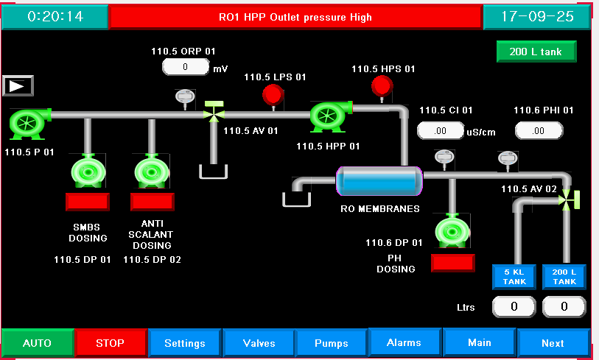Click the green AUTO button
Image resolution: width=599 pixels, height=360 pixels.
[x=38, y=343]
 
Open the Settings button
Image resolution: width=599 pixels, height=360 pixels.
[x=185, y=343]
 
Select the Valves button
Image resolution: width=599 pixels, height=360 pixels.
[x=259, y=343]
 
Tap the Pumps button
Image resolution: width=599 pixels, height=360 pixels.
[x=332, y=343]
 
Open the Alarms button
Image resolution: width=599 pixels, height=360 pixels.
[x=404, y=342]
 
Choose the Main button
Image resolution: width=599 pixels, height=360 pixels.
[x=479, y=342]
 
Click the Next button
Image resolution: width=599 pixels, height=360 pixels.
[x=553, y=343]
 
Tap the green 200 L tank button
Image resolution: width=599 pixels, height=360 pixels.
[x=536, y=52]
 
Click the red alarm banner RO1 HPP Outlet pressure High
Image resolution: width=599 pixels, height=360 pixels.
[x=295, y=17]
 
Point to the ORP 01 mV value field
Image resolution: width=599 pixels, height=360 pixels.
[x=186, y=68]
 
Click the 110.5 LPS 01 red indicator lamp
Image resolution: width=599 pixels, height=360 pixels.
[x=273, y=94]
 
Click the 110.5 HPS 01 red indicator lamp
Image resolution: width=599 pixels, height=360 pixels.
[x=382, y=86]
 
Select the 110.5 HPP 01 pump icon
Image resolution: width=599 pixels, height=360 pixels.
[x=329, y=116]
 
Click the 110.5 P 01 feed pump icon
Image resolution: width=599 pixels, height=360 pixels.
[x=29, y=123]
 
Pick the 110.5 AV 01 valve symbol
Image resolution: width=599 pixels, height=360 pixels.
[x=214, y=112]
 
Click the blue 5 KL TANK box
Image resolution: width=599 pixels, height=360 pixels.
[x=514, y=277]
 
